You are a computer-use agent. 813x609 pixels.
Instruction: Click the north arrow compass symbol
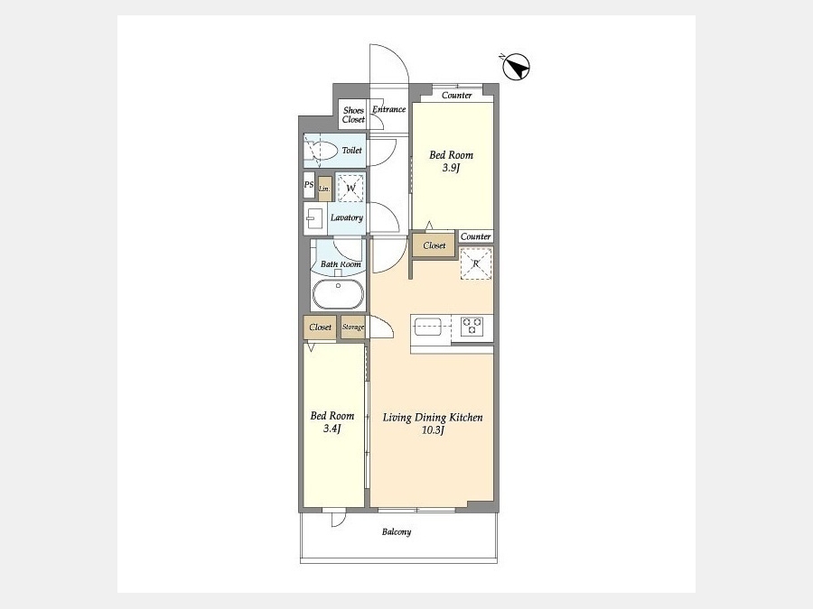[516, 67]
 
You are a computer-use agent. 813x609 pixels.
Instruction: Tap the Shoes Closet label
[353, 115]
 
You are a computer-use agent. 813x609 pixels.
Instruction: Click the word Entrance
[388, 109]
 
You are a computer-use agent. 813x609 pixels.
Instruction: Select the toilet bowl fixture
[322, 150]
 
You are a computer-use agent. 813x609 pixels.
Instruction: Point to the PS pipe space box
[309, 185]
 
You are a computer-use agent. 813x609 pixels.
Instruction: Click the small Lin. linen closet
[324, 189]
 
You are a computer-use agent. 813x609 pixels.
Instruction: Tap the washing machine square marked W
[350, 188]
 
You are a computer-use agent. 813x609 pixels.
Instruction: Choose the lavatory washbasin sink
[313, 218]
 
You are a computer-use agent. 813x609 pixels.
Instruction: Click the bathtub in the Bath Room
[338, 294]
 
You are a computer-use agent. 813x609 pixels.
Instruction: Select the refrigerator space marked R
[476, 263]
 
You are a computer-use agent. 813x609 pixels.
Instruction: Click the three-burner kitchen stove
[472, 327]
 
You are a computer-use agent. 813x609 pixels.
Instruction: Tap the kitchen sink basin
[428, 327]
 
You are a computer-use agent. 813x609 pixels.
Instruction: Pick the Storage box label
[353, 328]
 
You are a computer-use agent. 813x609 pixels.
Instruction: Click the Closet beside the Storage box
[320, 328]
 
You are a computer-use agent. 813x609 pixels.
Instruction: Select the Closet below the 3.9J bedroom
[434, 245]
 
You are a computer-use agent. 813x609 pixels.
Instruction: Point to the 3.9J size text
[451, 168]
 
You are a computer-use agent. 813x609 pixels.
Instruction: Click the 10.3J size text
[433, 429]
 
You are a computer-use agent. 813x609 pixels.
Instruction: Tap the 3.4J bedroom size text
[332, 429]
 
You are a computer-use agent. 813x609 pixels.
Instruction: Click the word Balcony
[397, 531]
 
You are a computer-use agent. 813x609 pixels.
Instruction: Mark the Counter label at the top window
[457, 96]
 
